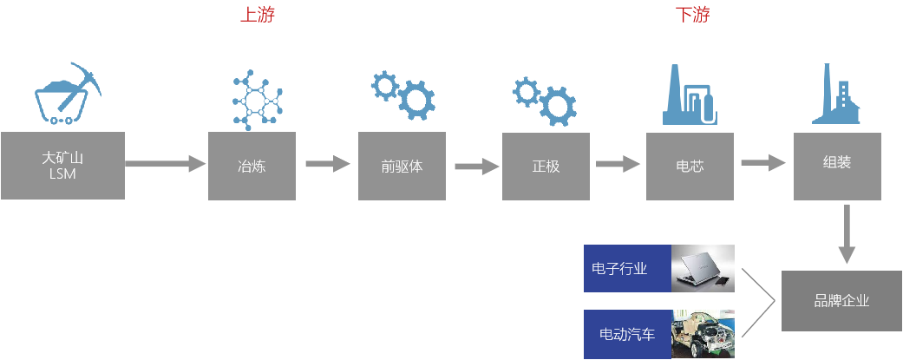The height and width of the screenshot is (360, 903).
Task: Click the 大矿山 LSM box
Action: coord(63,165)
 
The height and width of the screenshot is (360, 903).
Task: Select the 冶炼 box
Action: coord(251,165)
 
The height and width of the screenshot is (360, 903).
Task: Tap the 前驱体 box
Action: coord(402,165)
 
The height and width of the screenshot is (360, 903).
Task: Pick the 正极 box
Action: coord(546,165)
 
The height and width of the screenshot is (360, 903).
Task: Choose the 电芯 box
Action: coord(689,165)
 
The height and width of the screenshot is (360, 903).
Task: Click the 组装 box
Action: coord(836,165)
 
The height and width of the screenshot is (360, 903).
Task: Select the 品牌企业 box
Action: coord(841,300)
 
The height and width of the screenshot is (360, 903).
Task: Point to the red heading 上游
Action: coord(258,14)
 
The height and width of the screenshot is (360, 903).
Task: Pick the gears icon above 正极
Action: coord(545,100)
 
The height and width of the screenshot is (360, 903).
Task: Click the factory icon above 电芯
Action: coord(690,95)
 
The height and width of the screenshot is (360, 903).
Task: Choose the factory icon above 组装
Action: coord(837,95)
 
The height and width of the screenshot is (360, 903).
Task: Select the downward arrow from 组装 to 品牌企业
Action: coord(847,234)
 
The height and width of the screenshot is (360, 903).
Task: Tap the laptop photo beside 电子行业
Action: coord(703,268)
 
